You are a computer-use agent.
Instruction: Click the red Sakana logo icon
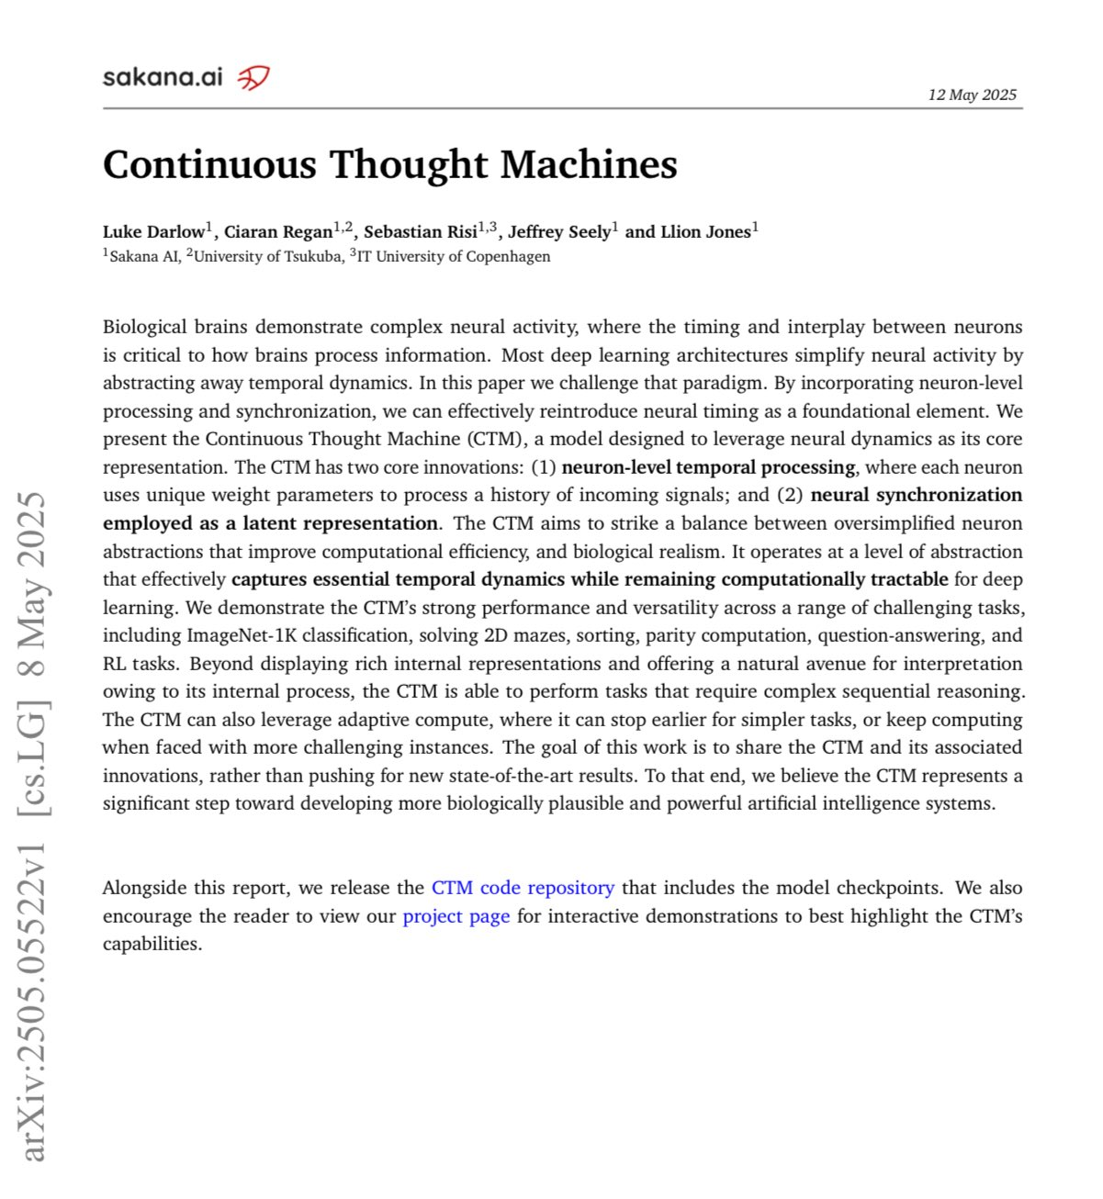[x=253, y=78]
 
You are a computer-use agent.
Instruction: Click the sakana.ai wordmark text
[x=163, y=77]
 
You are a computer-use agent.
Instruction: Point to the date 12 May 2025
[x=972, y=95]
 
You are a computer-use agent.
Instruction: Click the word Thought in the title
[x=408, y=165]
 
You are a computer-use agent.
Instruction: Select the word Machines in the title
[x=589, y=165]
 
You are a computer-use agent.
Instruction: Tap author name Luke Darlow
[x=153, y=232]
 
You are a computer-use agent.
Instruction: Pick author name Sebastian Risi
[x=421, y=232]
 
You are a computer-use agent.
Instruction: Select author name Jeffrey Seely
[x=559, y=232]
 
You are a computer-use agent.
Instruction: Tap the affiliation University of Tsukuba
[x=266, y=257]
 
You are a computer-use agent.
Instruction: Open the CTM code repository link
[x=523, y=888]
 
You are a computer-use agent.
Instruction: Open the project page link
[x=456, y=916]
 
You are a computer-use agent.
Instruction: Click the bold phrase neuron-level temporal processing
[x=708, y=467]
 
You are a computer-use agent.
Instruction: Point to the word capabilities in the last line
[x=152, y=945]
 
